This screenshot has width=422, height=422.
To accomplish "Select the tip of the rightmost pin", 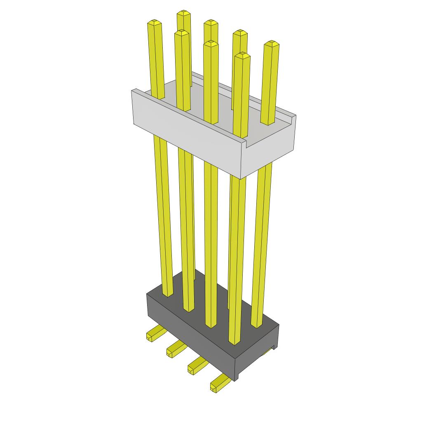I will tap(271, 43).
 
